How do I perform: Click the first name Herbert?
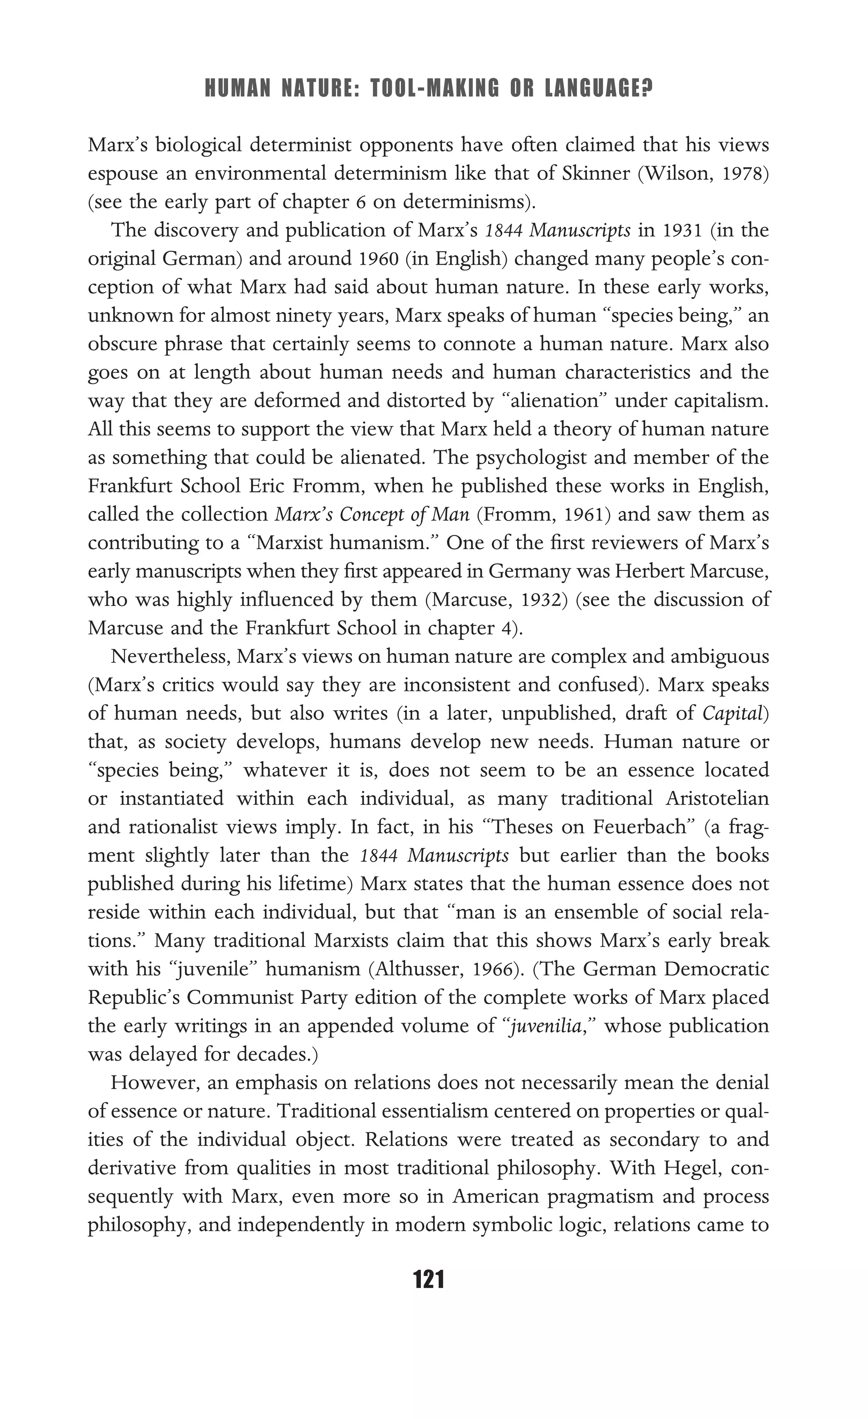(648, 571)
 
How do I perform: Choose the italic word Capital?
(732, 714)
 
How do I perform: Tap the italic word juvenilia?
(545, 1026)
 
